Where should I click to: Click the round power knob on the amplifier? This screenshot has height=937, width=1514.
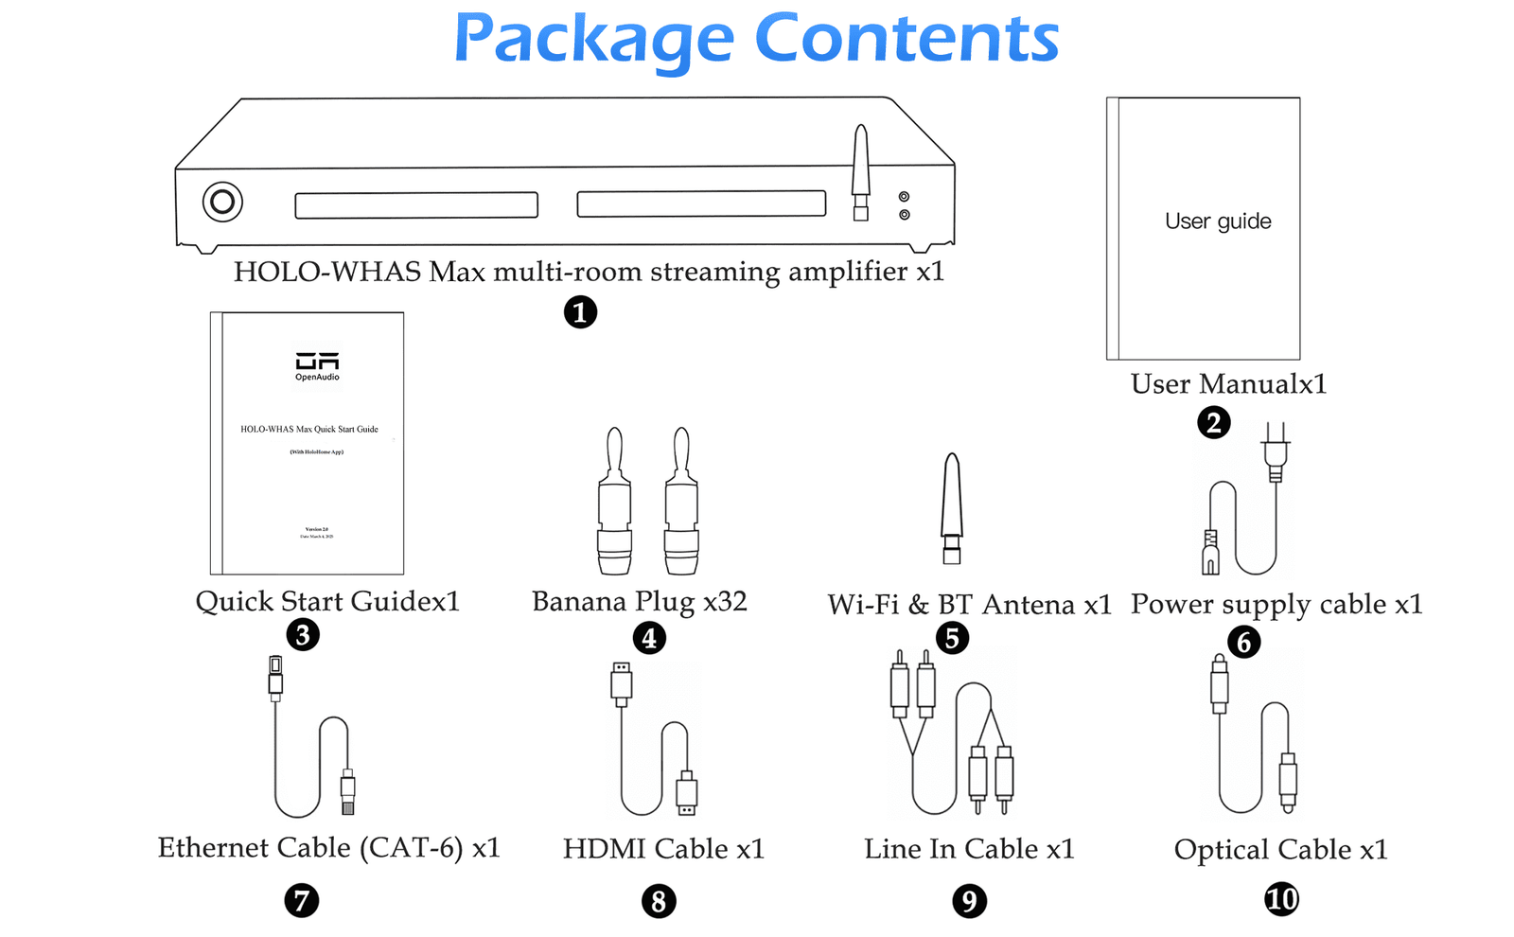click(x=222, y=202)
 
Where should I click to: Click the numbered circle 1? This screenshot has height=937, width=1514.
click(x=580, y=311)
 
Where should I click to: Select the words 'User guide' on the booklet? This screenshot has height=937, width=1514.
click(x=1218, y=221)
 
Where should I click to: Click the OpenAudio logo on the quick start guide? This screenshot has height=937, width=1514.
click(x=317, y=365)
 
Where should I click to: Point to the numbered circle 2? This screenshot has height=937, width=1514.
click(x=1213, y=422)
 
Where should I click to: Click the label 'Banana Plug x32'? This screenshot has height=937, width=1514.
click(x=640, y=602)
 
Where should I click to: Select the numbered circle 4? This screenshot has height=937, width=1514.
click(x=649, y=638)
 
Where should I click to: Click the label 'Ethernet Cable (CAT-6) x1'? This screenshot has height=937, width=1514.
click(x=328, y=848)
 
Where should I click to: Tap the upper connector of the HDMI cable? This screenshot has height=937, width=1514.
click(x=621, y=683)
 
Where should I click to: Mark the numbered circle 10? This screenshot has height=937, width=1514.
click(x=1281, y=898)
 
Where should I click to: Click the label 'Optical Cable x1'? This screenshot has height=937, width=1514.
click(x=1280, y=850)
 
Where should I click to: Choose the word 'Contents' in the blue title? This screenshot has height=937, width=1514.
click(x=907, y=40)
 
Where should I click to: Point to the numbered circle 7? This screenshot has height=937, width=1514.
click(x=301, y=899)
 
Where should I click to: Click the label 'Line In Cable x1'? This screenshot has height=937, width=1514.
click(x=969, y=850)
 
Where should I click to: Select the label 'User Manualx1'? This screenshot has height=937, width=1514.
click(x=1228, y=384)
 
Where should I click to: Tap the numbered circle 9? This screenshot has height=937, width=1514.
click(x=969, y=900)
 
